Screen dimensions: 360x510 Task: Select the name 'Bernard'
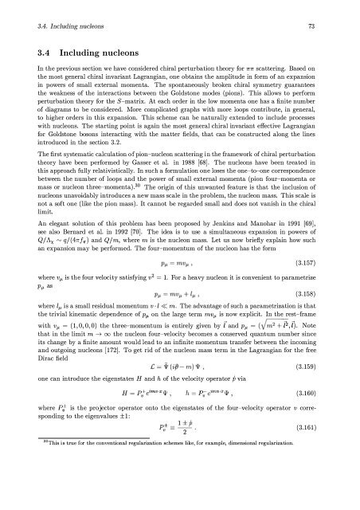click(x=88, y=237)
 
